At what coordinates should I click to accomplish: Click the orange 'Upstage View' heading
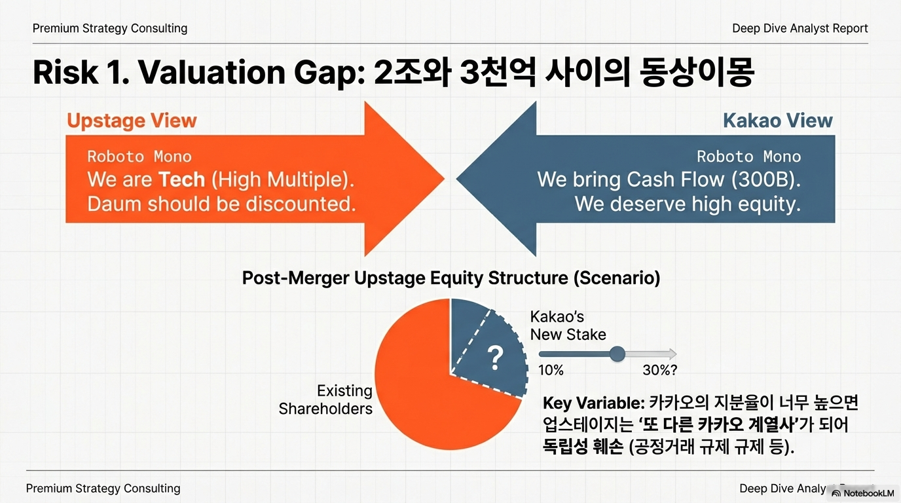point(132,121)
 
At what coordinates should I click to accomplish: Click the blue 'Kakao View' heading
point(778,121)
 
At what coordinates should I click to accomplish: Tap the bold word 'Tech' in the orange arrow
point(182,179)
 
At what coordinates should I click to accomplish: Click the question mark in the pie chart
point(495,358)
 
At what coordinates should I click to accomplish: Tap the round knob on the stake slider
point(617,354)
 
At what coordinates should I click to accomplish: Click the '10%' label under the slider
point(551,370)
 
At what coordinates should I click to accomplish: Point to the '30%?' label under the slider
point(659,370)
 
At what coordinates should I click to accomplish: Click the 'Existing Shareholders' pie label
point(325,400)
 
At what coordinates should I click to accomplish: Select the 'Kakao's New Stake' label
point(568,326)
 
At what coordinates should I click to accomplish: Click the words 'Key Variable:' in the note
point(594,403)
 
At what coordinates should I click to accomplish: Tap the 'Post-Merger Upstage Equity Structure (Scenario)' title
point(451,278)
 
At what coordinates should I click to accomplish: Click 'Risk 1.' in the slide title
point(81,73)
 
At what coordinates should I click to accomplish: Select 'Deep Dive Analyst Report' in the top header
point(800,29)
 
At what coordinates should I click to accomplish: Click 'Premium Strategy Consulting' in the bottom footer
point(103,489)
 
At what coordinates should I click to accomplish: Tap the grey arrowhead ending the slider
point(672,354)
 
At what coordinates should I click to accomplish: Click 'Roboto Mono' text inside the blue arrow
point(749,157)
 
